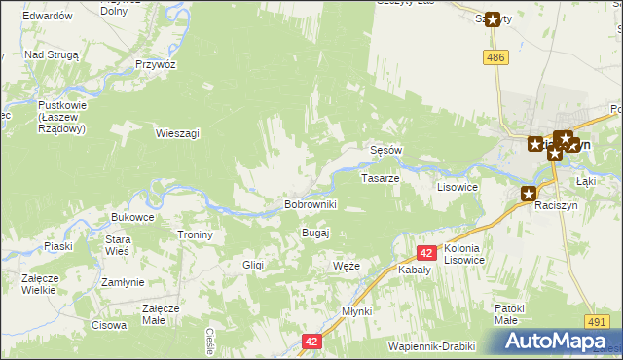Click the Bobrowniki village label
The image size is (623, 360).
(x=310, y=204)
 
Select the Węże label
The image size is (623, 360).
(x=347, y=266)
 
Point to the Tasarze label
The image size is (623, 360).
(x=381, y=179)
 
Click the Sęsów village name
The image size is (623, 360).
(x=386, y=150)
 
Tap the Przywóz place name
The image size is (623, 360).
(x=156, y=63)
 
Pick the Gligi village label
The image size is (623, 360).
(x=253, y=265)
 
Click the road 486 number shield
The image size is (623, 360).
(x=497, y=58)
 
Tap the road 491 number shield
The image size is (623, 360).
(x=598, y=321)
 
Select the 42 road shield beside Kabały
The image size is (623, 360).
(x=425, y=253)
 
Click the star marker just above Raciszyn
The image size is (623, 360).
(x=529, y=194)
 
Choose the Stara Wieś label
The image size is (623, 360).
(x=118, y=245)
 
